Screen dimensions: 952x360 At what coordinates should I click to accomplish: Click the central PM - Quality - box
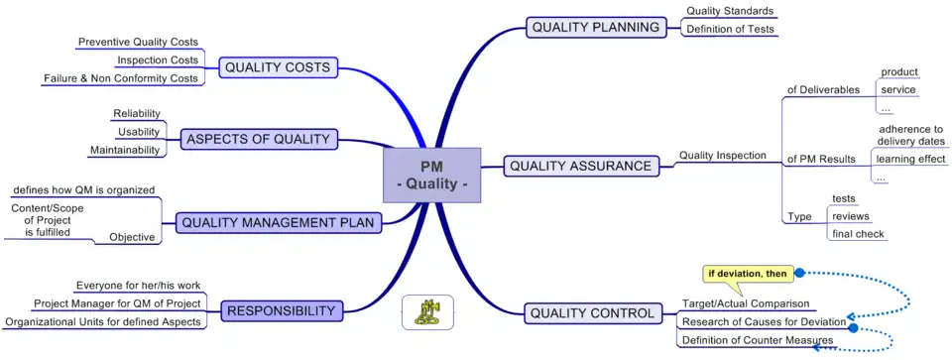point(431,175)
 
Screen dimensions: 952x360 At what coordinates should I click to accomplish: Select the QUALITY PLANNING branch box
point(596,28)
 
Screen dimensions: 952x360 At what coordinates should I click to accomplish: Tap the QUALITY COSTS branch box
point(278,67)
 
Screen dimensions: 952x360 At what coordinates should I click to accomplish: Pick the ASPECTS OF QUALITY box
point(258,139)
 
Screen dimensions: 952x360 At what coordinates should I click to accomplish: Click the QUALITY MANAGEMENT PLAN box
point(280,223)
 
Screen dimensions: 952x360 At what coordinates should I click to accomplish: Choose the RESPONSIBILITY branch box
point(281,310)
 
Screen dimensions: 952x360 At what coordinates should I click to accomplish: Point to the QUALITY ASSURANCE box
point(580,166)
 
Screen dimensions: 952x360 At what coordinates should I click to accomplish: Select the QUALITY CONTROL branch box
point(593,313)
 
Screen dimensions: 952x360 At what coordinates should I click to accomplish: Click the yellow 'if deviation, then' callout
point(748,274)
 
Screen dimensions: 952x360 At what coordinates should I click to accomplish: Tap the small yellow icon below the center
point(427,312)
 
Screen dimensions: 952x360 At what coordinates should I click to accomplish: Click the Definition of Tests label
point(728,29)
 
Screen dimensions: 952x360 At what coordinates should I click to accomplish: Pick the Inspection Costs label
point(158,60)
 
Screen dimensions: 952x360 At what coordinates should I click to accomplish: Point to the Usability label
point(139,132)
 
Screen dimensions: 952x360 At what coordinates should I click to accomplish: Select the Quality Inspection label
point(723,156)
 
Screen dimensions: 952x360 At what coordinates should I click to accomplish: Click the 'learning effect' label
point(910,159)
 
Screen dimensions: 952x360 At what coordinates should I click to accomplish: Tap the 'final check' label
point(858,234)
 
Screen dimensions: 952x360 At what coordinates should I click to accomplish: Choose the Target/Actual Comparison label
point(746,303)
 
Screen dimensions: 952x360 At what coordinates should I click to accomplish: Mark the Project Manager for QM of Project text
point(117,303)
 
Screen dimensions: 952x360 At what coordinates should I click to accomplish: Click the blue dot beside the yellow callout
point(799,273)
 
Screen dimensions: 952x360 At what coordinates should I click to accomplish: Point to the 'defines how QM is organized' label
point(83,189)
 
